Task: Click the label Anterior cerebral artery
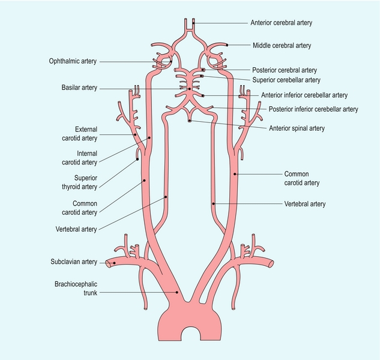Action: point(281,23)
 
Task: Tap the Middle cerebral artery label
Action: point(281,45)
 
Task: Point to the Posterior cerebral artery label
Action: point(285,70)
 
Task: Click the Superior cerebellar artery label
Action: point(286,80)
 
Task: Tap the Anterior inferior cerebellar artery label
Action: point(304,95)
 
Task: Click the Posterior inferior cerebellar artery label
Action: point(313,109)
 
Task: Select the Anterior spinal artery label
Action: point(296,127)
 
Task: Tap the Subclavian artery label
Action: point(73,262)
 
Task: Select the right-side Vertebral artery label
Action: point(304,204)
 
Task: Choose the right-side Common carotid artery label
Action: point(301,178)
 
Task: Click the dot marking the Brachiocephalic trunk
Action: point(176,292)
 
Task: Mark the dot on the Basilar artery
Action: point(190,89)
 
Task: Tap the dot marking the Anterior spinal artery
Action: point(190,121)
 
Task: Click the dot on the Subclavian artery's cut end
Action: point(109,262)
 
